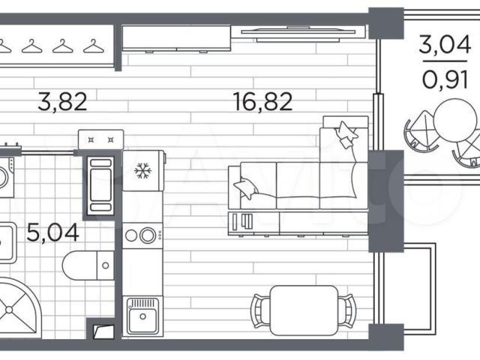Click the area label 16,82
click(262, 102)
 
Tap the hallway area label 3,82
click(62, 102)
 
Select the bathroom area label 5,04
click(53, 232)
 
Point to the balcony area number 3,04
click(444, 45)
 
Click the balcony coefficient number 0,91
click(445, 79)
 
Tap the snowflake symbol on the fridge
click(143, 171)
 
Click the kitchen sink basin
click(142, 316)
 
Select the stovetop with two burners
click(142, 235)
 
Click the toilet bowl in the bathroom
click(80, 265)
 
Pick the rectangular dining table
click(304, 310)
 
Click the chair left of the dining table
click(260, 310)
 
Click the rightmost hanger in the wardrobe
click(94, 46)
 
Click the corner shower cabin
click(18, 307)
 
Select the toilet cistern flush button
click(106, 265)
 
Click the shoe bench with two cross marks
click(100, 139)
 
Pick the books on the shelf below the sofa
click(242, 222)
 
